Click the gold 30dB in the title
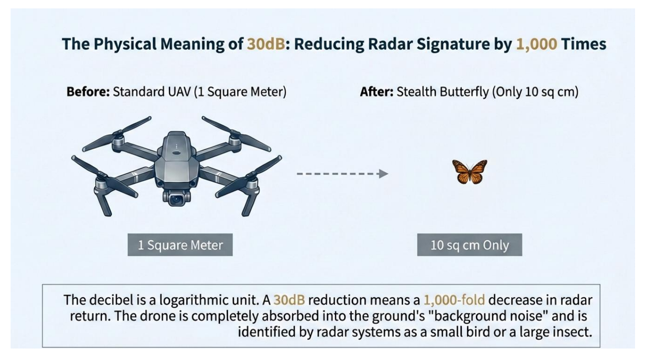click(265, 44)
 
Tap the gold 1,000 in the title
click(536, 44)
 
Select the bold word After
click(376, 92)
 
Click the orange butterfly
click(469, 171)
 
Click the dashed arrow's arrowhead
click(384, 174)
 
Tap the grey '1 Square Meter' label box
click(180, 245)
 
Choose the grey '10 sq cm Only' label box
click(469, 245)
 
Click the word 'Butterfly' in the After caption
click(464, 92)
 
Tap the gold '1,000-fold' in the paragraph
click(454, 300)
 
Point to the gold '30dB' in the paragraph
click(289, 300)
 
